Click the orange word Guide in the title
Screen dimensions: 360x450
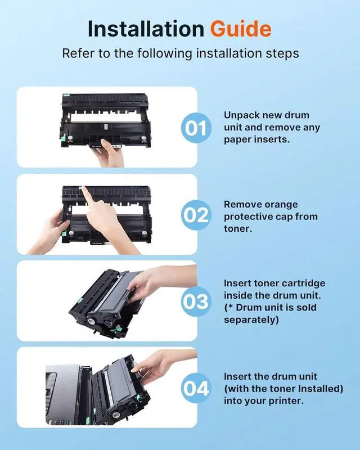pos(241,29)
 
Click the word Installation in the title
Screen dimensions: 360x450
pos(146,29)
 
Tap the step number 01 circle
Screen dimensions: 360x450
pos(196,128)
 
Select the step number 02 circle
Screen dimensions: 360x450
pos(196,215)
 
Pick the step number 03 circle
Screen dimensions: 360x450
pos(196,301)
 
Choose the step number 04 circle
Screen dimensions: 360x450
pos(196,388)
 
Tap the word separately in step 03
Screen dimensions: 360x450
pos(251,319)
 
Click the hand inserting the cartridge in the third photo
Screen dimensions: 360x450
pos(155,283)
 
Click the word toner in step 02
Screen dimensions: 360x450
pos(238,229)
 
